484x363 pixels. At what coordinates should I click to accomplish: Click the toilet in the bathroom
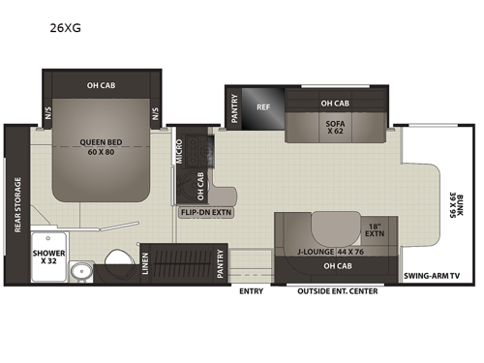point(118,258)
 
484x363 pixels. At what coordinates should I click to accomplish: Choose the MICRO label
point(181,152)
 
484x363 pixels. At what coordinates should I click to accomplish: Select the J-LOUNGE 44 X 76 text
point(324,252)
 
